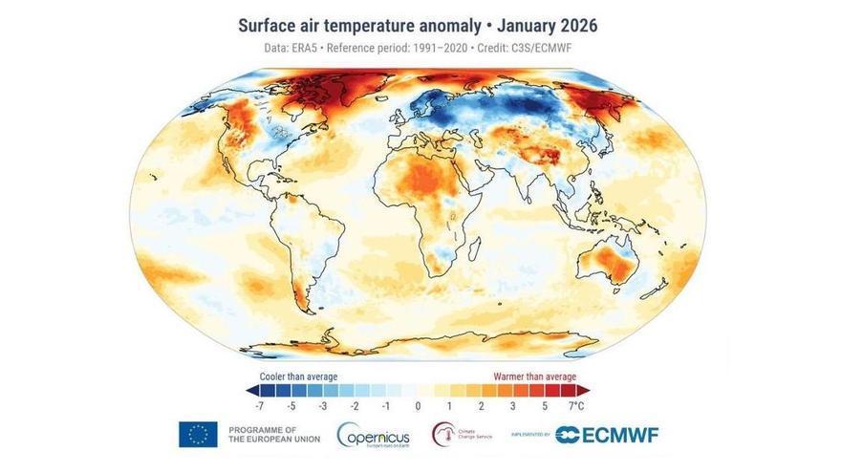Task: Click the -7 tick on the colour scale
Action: [262, 405]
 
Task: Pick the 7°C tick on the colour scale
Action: [576, 405]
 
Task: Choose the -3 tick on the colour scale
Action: [324, 405]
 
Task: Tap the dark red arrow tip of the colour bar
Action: [585, 390]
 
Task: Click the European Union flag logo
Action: [198, 434]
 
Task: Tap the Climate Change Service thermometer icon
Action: [442, 434]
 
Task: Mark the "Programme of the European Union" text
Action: [264, 434]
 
